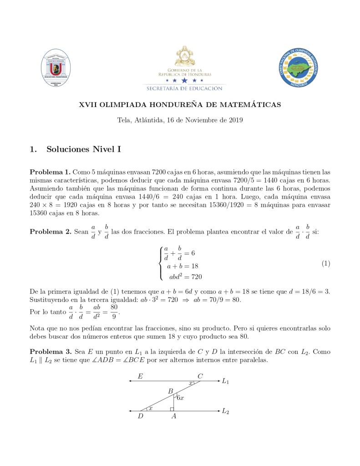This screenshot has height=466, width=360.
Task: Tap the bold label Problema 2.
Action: pos(50,232)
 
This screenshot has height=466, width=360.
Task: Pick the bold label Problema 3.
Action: pos(50,352)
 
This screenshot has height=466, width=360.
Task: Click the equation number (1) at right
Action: pos(325,264)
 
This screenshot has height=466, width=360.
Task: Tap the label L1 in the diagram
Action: pos(225,381)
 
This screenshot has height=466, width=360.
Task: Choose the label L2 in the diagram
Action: pos(225,411)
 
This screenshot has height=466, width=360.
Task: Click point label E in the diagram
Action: pos(140,376)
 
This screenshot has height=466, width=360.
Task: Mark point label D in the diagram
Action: pos(141,416)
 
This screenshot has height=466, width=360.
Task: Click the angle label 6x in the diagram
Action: pos(180,398)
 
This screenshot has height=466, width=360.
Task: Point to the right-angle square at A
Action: pos(172,409)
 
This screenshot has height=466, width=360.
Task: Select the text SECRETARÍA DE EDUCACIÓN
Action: pos(184,88)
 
